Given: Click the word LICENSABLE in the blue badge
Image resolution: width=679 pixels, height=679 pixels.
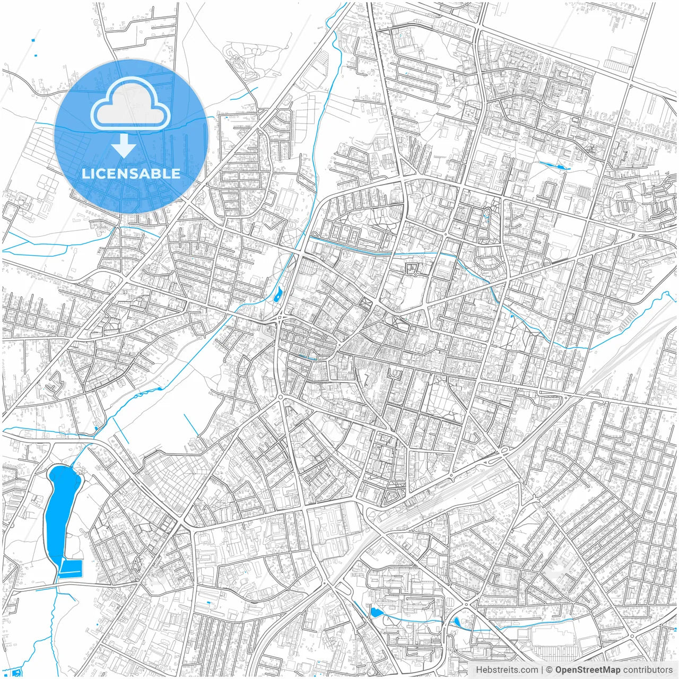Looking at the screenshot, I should click(x=131, y=173).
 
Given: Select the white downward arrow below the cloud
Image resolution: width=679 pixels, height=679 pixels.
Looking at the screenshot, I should click(x=124, y=145).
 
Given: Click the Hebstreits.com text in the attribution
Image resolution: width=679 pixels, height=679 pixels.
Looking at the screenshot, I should click(x=507, y=670).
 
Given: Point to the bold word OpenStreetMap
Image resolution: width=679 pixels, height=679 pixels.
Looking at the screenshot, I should click(x=588, y=670).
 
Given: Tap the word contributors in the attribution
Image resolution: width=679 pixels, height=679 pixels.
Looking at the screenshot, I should click(x=648, y=670).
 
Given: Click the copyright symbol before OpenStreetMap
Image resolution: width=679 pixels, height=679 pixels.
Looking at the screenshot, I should click(x=550, y=670).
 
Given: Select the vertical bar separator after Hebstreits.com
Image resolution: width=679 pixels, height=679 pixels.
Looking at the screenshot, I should click(x=542, y=670).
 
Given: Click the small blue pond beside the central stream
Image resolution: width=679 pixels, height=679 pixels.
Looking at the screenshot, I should click(x=278, y=294).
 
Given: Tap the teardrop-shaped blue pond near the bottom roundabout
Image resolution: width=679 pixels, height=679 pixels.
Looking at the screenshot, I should click(x=457, y=622).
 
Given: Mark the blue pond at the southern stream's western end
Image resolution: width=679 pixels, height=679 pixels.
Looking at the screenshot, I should click(x=376, y=613).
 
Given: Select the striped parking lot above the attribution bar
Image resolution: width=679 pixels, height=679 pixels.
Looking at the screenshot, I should click(x=554, y=650).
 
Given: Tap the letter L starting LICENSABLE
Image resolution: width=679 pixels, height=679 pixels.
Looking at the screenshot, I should click(x=85, y=173).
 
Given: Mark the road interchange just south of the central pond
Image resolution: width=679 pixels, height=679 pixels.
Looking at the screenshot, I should click(x=280, y=319).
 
